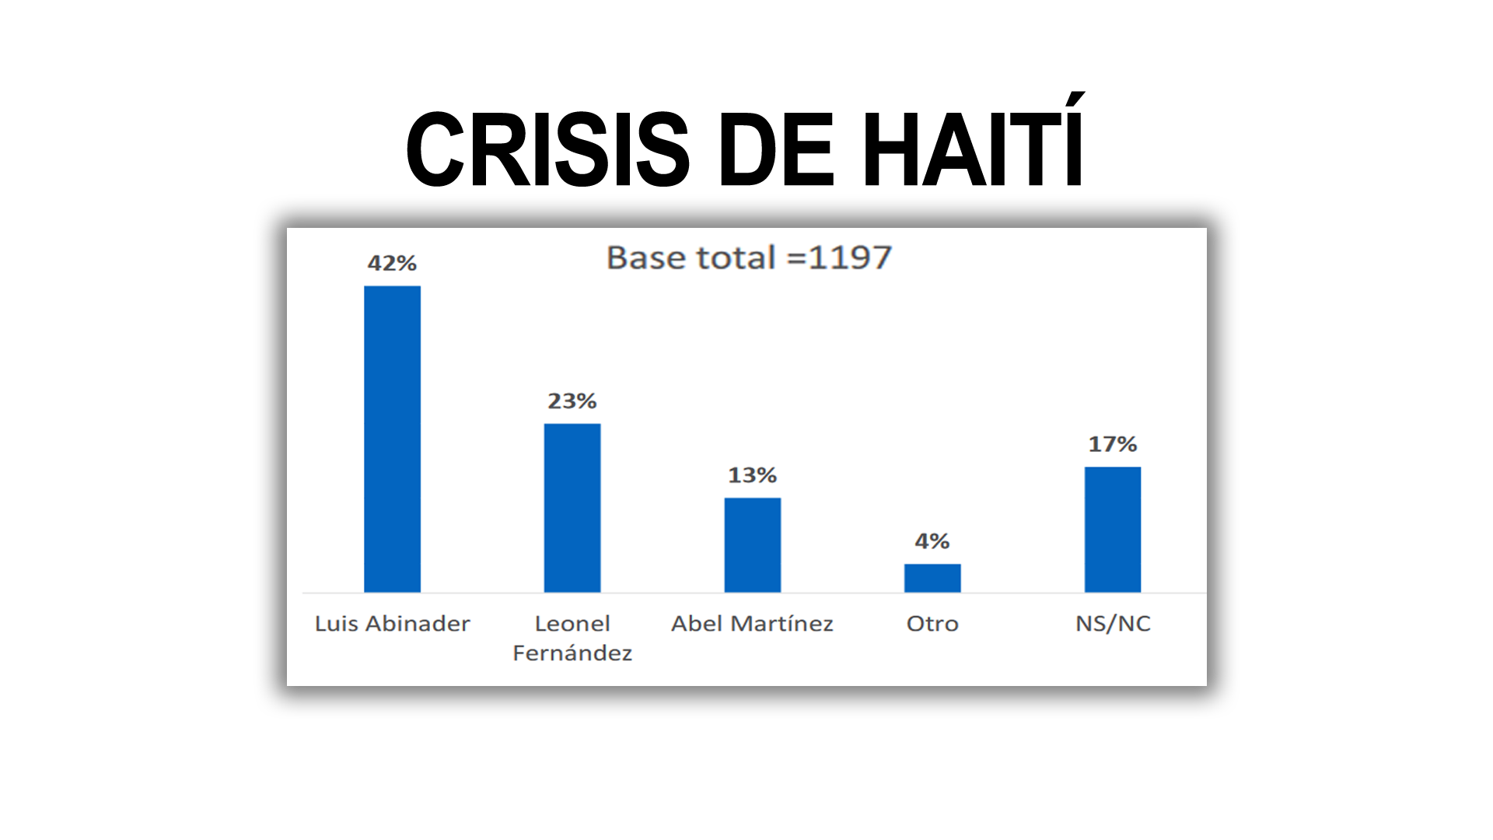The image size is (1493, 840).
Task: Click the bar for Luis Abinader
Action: coord(392,439)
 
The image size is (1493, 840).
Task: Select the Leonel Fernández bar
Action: coord(572,507)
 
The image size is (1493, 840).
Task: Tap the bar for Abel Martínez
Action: coord(752,544)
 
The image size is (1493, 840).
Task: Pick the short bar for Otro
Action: coord(932,578)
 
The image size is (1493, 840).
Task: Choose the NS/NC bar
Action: coord(1113,529)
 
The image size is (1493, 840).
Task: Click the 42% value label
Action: coord(392,264)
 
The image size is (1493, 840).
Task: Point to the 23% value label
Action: coord(572,401)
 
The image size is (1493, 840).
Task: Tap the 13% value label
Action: coord(752,475)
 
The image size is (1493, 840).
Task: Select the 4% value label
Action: coord(932,541)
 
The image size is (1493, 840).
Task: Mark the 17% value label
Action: coord(1113,445)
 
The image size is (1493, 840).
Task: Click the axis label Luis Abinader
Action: coord(392,624)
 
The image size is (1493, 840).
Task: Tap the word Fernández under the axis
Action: coord(572,653)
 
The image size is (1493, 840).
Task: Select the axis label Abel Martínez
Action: coord(752,624)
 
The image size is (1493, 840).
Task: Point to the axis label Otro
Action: coord(932,624)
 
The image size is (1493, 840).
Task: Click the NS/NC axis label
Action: coord(1113,624)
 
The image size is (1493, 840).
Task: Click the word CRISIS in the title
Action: coord(547,149)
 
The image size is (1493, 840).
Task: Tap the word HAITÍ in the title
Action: coord(974,149)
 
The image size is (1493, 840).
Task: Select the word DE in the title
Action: coord(776,149)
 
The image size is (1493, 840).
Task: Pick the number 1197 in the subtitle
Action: coord(850,258)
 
